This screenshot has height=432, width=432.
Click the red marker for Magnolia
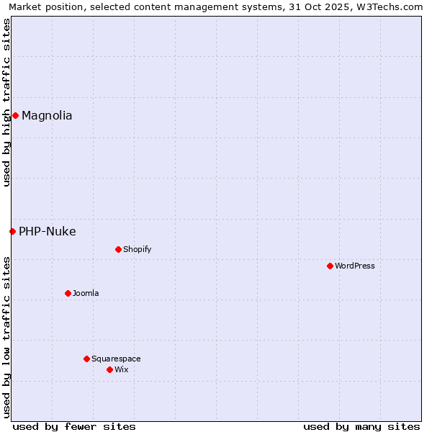point(15,115)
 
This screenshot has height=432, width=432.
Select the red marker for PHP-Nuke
point(12,231)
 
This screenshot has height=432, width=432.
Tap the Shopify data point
point(118,249)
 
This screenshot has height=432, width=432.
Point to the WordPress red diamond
point(330,266)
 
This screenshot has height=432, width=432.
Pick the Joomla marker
point(68,293)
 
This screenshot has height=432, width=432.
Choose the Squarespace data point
point(86,359)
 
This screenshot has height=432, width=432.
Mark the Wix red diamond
point(109,369)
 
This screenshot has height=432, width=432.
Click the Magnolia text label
point(47,115)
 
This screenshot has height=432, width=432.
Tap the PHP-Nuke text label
point(47,231)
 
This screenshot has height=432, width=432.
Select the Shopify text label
point(137,249)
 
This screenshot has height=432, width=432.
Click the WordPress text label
point(355,266)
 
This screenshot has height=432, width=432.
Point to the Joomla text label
point(86,293)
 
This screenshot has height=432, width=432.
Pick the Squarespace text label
point(116,359)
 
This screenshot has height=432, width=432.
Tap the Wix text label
point(121,369)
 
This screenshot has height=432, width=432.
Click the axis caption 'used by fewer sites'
point(74,426)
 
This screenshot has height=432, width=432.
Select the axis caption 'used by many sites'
point(361,426)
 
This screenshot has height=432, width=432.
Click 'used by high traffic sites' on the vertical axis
point(6,102)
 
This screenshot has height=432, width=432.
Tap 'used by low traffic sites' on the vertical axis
point(6,337)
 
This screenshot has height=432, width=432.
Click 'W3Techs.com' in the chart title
point(392,6)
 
